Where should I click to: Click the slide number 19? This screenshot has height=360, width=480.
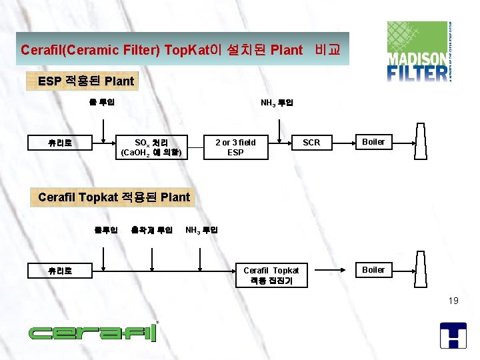(453, 301)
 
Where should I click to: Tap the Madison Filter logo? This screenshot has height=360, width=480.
(419, 51)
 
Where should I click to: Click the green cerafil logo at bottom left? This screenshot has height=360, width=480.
(92, 332)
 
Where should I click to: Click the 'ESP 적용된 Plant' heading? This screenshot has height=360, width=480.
(86, 81)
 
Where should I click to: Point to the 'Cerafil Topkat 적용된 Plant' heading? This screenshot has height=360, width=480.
(114, 197)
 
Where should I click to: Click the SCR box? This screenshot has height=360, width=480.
(311, 143)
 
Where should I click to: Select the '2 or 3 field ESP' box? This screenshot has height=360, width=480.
(235, 147)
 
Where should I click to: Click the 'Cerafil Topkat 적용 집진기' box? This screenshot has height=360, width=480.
(271, 275)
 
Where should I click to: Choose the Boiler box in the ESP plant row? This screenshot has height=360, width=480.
(373, 142)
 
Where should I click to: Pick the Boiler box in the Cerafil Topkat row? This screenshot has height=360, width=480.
(373, 270)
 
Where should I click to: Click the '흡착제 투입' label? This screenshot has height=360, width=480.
(152, 230)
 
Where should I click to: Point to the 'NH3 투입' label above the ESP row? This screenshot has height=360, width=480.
(277, 103)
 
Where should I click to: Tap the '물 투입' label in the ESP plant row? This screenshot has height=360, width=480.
(102, 102)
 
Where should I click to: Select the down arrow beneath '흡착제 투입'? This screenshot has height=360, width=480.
(152, 255)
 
